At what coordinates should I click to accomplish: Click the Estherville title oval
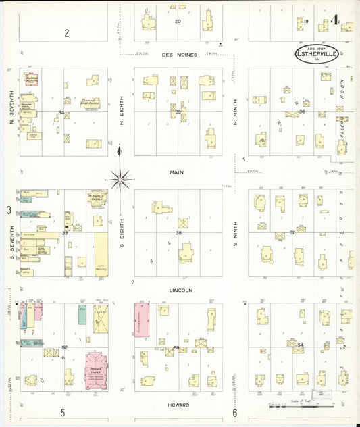click(x=317, y=53)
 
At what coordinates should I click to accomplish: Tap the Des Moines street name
click(x=179, y=55)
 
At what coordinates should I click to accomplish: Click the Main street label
click(x=177, y=172)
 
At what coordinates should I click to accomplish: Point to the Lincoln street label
click(x=181, y=291)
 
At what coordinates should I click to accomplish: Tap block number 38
click(x=178, y=232)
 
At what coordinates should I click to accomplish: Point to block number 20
click(x=178, y=22)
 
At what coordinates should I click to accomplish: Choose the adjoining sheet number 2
click(x=67, y=32)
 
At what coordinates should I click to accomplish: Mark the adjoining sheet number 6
click(x=235, y=413)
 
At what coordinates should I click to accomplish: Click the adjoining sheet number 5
click(x=62, y=413)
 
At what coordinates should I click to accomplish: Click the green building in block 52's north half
click(x=82, y=314)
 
